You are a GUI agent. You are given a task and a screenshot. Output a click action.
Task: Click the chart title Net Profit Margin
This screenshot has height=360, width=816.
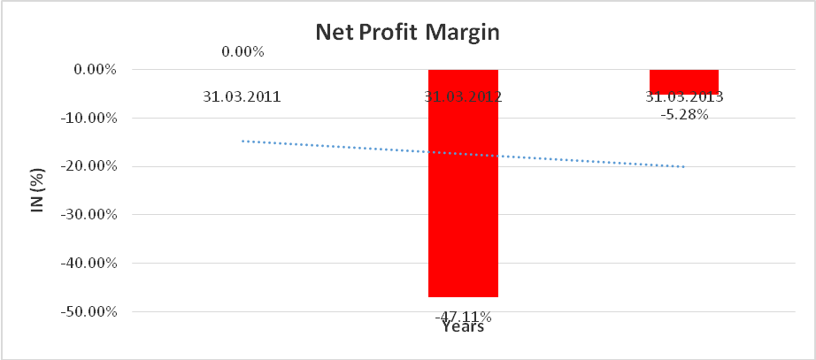pos(408,34)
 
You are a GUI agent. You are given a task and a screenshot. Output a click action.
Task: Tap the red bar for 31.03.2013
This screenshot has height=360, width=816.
pos(684,80)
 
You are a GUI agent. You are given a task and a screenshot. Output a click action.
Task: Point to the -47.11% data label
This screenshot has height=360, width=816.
pos(463,316)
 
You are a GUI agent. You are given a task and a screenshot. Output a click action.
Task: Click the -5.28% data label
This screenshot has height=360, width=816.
pos(684,114)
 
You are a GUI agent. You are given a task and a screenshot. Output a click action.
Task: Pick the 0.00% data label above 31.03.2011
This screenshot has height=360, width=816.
pos(242,51)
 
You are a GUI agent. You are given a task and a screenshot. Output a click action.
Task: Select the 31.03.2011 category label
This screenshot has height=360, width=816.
pos(242,97)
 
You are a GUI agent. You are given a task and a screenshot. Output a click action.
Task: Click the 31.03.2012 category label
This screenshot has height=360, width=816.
pos(463,97)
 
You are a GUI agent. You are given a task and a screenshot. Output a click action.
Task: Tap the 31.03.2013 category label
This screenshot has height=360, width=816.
pos(684,97)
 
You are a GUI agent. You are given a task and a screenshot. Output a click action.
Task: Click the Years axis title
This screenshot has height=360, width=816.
pos(463,327)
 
